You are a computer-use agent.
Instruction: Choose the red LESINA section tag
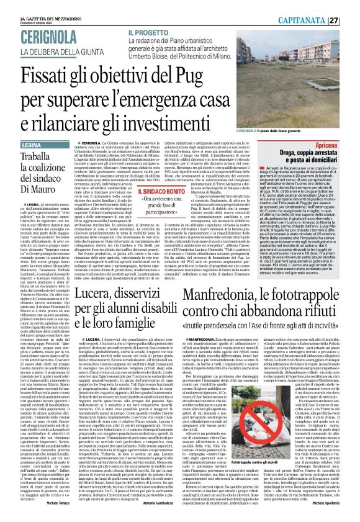pos(18,144)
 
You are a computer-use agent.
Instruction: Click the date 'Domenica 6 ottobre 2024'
pos(21,7)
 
